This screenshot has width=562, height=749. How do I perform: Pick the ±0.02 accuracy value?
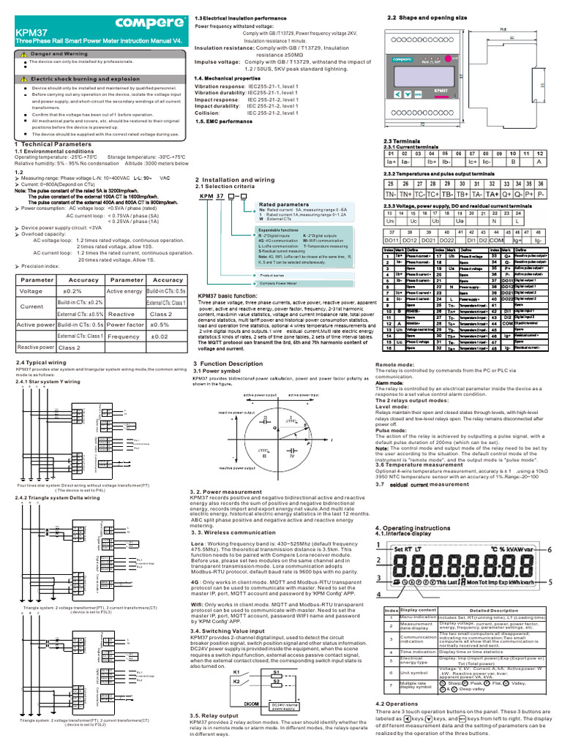[160, 336]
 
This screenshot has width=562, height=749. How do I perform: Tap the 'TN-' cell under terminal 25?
[391, 195]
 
